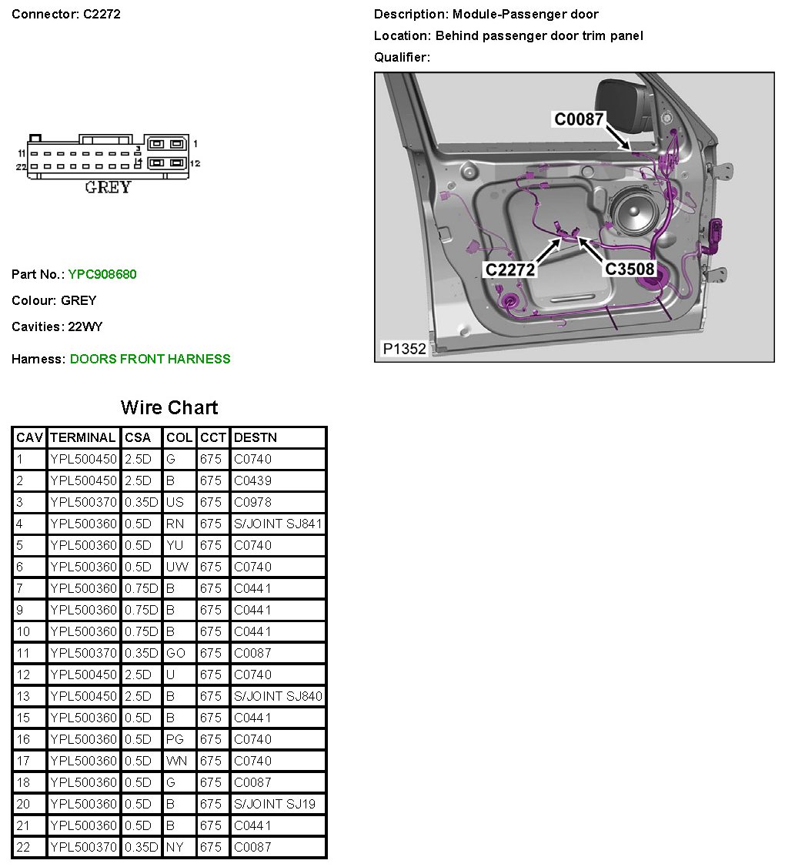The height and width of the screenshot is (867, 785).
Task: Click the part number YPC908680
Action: [102, 274]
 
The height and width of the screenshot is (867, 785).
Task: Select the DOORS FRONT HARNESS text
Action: [150, 359]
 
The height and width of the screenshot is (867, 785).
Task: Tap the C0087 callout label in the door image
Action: [579, 119]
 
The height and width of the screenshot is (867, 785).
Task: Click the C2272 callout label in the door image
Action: [509, 269]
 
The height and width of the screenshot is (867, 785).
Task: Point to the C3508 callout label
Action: [629, 269]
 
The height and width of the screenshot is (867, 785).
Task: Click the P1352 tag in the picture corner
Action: [404, 349]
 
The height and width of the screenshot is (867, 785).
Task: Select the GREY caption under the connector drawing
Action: [108, 187]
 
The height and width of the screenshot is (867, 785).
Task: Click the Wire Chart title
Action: [169, 408]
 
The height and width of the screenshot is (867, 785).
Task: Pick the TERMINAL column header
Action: [82, 437]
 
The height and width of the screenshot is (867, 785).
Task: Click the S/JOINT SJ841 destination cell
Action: [278, 524]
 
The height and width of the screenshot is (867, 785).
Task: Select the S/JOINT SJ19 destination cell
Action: [275, 804]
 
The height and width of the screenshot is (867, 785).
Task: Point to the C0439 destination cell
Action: [252, 480]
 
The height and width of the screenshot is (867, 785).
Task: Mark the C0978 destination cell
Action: [252, 502]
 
